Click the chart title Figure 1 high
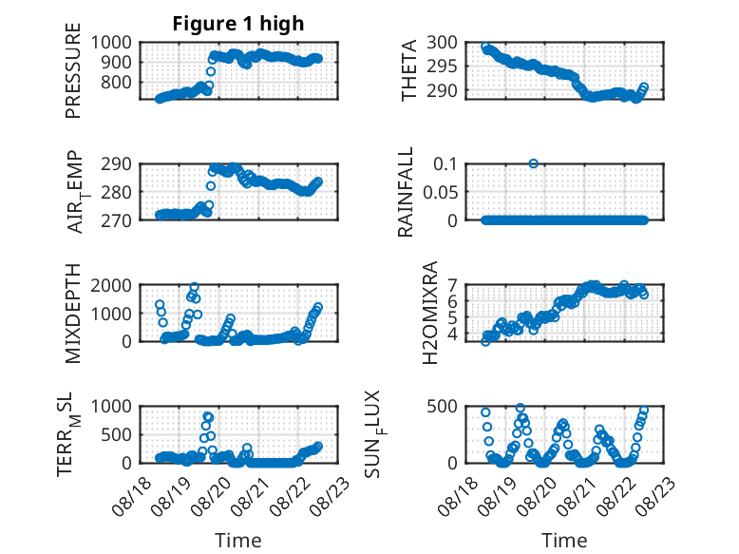[238, 24]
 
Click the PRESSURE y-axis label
[73, 70]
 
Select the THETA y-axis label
[409, 70]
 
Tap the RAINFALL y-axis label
[406, 192]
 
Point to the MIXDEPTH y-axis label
[73, 314]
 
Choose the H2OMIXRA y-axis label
[430, 313]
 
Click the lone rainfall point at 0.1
[533, 163]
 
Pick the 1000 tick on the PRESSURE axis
[111, 43]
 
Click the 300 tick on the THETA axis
[442, 43]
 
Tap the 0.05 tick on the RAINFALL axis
[440, 192]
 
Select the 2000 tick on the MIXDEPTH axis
[111, 285]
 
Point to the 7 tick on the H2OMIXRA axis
[452, 285]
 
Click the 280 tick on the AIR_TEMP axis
[117, 192]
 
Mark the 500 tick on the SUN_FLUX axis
[442, 407]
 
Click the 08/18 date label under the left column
[132, 496]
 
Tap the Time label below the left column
[238, 541]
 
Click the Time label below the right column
[564, 541]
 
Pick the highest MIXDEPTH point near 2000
[194, 287]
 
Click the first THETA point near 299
[485, 48]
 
